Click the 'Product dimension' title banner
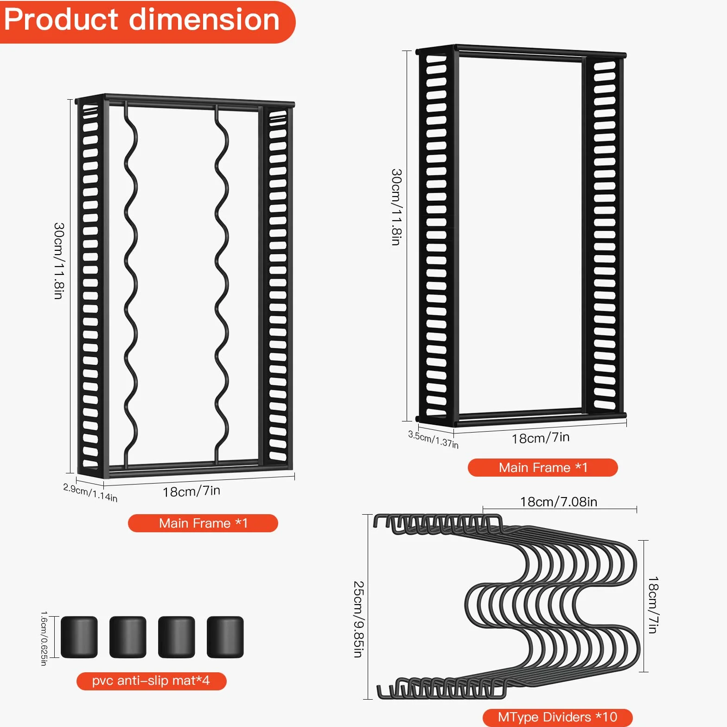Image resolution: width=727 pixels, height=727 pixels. (x=147, y=22)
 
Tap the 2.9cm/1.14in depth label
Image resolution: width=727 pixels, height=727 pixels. (x=90, y=492)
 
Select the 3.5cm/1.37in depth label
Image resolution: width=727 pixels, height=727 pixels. (x=433, y=439)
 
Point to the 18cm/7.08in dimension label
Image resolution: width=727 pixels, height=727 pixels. (x=559, y=502)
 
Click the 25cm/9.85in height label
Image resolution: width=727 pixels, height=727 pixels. (x=358, y=619)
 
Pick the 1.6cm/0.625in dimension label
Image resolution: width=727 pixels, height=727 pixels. (x=44, y=638)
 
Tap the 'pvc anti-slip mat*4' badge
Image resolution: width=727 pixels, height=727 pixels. (x=151, y=681)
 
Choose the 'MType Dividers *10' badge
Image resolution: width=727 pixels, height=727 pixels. (x=557, y=717)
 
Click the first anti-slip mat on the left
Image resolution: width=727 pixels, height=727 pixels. (x=79, y=637)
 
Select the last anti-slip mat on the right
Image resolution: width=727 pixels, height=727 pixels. (x=225, y=637)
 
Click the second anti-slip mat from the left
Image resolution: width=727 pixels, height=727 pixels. (x=128, y=637)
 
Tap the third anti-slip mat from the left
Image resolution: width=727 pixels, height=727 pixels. (x=177, y=637)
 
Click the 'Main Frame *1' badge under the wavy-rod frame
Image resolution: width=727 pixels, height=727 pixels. (x=203, y=523)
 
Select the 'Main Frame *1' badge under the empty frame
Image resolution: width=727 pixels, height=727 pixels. (x=543, y=467)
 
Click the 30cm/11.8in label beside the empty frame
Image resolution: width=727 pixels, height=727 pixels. (x=396, y=207)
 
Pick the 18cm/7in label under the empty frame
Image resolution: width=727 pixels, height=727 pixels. (x=541, y=438)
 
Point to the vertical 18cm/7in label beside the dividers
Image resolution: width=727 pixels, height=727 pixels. (x=653, y=605)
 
